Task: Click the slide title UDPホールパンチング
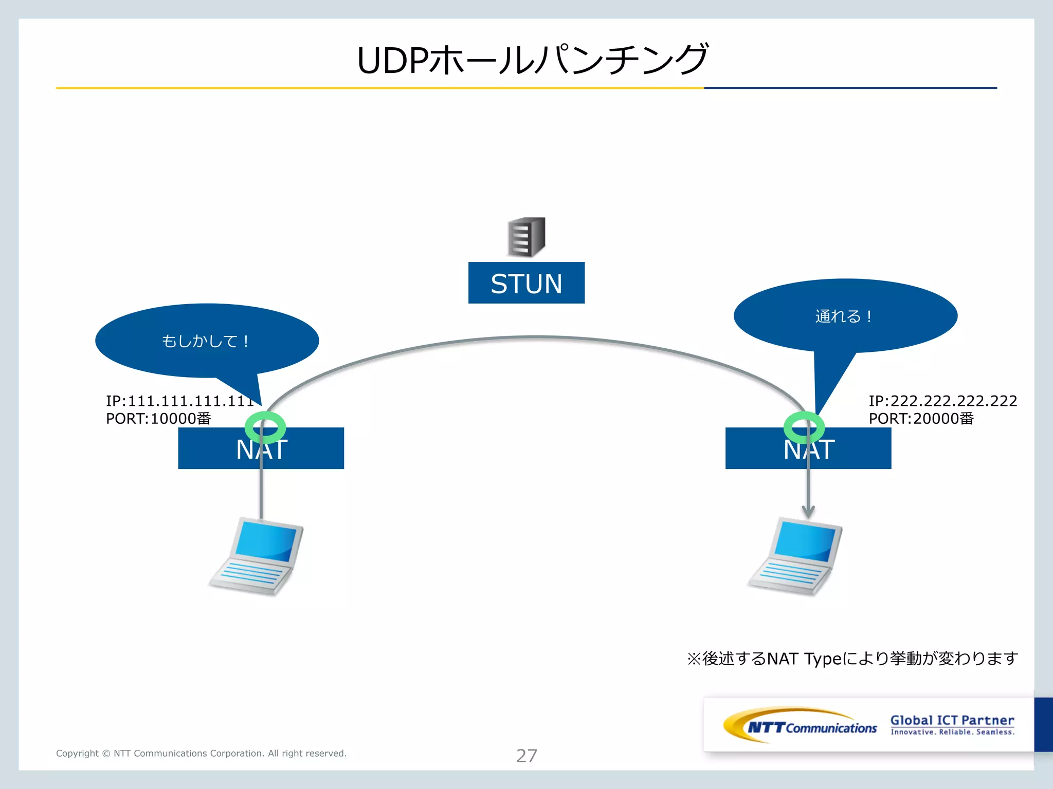[532, 60]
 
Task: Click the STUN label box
[526, 283]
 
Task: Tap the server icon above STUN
[526, 237]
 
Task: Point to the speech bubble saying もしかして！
[206, 341]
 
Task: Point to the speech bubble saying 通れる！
[845, 316]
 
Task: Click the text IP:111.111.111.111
[179, 401]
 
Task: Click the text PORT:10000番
[158, 419]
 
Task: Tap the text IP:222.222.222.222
[942, 401]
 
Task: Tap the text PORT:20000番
[921, 419]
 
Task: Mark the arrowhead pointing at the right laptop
[808, 512]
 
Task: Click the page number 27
[526, 756]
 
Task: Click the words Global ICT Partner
[952, 720]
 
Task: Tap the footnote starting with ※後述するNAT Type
[852, 659]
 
